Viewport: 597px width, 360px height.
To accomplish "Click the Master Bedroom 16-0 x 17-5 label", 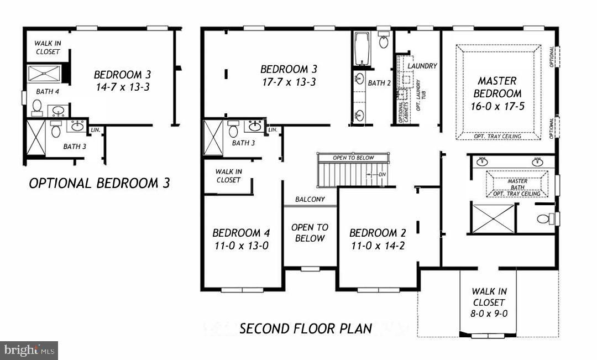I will tap(497, 93).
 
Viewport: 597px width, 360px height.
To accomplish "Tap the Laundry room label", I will tap(422, 66).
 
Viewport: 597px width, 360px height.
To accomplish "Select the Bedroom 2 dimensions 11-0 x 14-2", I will tap(377, 246).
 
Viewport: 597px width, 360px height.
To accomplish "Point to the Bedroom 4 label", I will tap(240, 233).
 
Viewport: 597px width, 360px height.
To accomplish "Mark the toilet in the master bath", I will tap(544, 219).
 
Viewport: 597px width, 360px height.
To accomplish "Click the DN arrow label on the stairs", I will tap(382, 175).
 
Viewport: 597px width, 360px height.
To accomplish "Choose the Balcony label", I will tap(310, 199).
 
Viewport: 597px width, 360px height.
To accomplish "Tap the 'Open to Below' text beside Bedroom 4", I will tap(310, 233).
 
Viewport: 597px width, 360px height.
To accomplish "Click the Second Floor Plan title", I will tap(306, 328).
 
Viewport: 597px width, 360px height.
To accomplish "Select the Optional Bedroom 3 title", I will tap(99, 184).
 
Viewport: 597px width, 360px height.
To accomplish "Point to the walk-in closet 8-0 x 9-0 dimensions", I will tap(488, 313).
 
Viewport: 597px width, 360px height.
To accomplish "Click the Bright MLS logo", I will tap(29, 350).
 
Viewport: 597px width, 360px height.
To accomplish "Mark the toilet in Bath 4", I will tap(37, 106).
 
